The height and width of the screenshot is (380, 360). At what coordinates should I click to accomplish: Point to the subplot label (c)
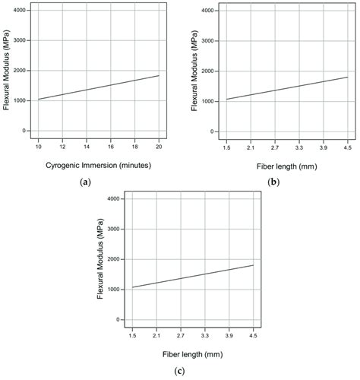180,371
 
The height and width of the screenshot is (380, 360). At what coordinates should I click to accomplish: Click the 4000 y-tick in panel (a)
16,11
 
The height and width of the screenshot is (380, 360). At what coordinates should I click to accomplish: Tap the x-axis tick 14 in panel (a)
87,147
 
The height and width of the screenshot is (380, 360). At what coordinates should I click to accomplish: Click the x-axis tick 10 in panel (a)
38,147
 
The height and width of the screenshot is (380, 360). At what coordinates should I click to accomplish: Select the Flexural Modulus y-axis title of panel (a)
7,74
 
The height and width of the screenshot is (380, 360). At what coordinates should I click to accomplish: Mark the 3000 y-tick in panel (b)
205,40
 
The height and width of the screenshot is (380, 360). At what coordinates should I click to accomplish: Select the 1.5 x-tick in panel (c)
132,335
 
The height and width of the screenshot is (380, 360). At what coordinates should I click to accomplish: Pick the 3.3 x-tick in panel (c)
204,335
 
